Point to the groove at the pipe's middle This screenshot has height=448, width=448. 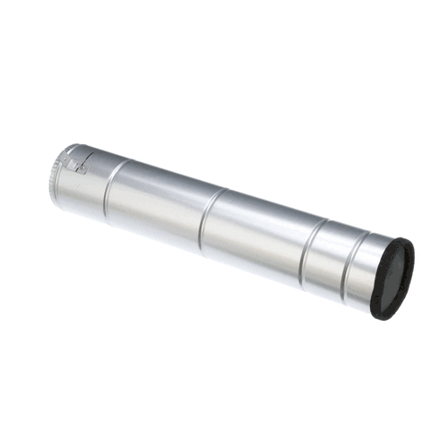pos(207,218)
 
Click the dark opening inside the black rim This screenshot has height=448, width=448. pos(392,280)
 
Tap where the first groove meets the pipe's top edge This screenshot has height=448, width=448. pos(126,162)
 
